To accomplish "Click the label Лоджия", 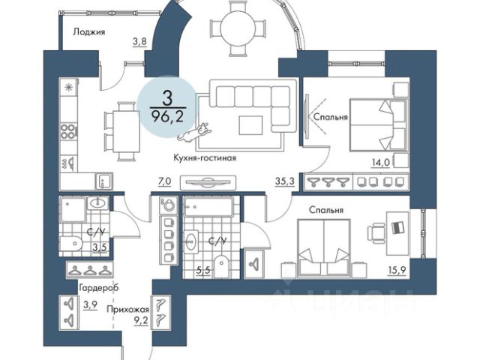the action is (x=89, y=31).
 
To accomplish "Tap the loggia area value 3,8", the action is (x=139, y=42).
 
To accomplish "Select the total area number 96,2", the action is (x=169, y=116).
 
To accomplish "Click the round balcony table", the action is (x=244, y=28).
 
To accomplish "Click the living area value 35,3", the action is (x=284, y=181).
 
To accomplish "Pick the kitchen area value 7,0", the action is (x=165, y=181).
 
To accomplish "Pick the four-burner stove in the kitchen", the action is (x=68, y=132).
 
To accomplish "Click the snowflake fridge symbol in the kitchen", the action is (x=69, y=88).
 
